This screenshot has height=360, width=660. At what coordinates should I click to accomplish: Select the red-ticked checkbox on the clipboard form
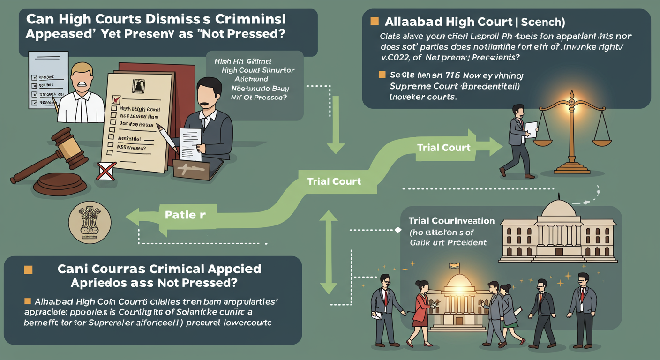[116, 100]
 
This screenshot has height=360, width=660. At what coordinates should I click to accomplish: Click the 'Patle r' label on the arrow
[185, 215]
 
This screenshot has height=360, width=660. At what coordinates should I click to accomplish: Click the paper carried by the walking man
[530, 128]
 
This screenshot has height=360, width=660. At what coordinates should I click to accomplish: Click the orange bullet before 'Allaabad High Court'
[374, 21]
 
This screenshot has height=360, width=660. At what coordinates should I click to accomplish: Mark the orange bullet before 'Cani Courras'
[28, 270]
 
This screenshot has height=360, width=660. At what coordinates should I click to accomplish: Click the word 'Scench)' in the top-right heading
[539, 22]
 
